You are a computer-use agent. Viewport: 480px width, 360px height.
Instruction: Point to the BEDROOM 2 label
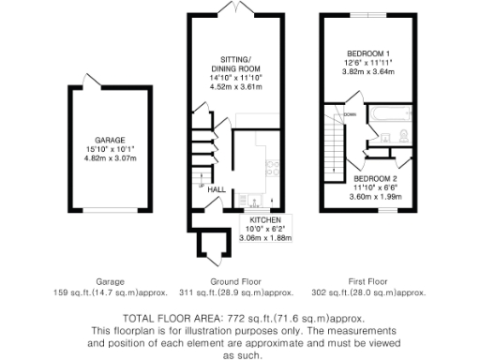click(374, 178)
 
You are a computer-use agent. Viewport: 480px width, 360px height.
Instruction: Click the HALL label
click(216, 189)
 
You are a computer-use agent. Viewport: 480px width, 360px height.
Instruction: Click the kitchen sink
click(251, 199)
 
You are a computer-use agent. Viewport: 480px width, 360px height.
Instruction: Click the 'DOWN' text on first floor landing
click(349, 115)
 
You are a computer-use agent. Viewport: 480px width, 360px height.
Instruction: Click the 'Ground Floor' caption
click(235, 281)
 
